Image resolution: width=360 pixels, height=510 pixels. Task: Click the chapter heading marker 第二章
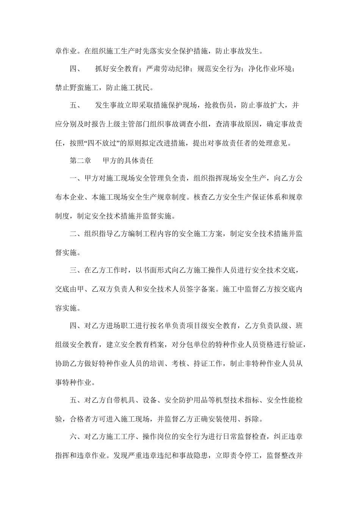coord(80,161)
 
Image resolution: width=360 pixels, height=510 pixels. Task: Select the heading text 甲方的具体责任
coord(128,161)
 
